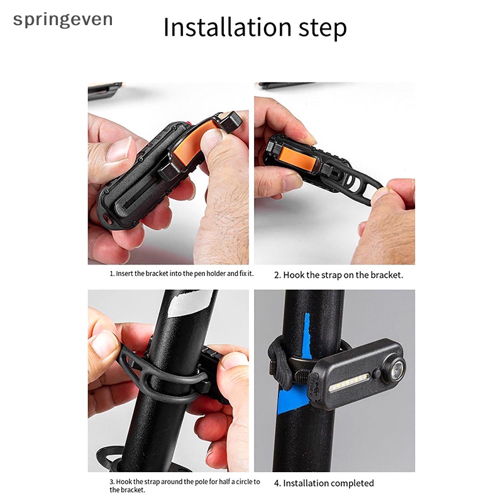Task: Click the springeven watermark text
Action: (63, 19)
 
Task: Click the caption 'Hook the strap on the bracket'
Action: (338, 275)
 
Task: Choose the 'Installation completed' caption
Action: (324, 483)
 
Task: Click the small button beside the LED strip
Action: (375, 374)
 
